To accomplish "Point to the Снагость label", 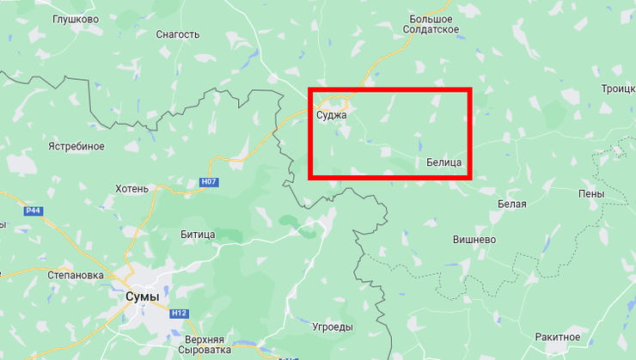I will click(x=178, y=34).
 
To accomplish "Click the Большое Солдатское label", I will click(x=431, y=23).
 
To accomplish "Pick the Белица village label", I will click(x=444, y=162).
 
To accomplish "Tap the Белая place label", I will click(x=511, y=204).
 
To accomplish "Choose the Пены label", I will click(x=591, y=194).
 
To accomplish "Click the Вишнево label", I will click(x=475, y=240).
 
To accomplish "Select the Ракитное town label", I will click(x=557, y=337).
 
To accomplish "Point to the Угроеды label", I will click(x=332, y=327).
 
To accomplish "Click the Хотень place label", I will click(x=131, y=188).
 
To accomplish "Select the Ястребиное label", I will click(x=76, y=146).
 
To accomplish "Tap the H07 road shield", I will click(x=207, y=182).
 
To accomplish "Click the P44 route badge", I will click(x=34, y=211).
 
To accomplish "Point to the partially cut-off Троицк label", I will click(x=618, y=88).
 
